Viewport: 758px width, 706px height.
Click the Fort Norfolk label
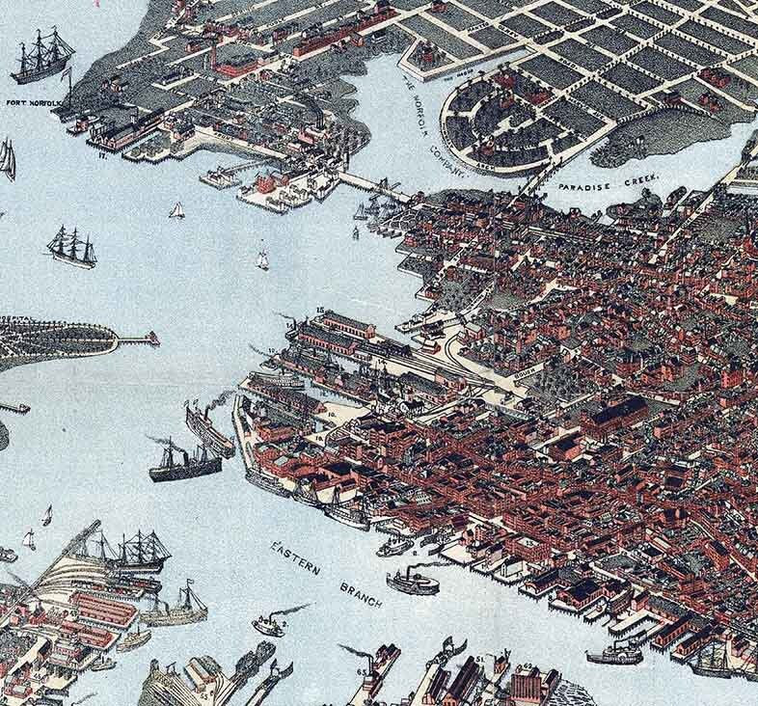(x=32, y=101)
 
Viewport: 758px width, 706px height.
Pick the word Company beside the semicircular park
(x=447, y=157)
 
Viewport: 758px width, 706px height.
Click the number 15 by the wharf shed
(x=319, y=311)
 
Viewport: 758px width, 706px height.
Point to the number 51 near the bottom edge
(x=479, y=659)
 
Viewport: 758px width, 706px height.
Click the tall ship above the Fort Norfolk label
(x=41, y=57)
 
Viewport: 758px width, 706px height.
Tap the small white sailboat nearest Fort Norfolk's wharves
(x=176, y=210)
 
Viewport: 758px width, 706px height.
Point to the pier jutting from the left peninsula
(x=138, y=338)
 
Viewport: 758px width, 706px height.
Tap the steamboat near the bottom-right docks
(x=614, y=656)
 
